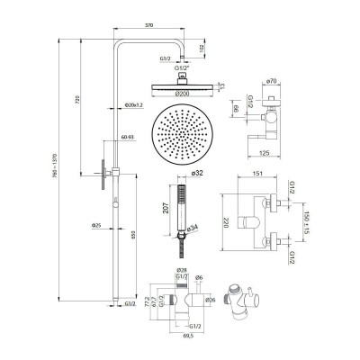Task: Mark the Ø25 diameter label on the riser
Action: click(x=96, y=225)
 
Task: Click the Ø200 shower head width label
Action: click(x=183, y=94)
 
